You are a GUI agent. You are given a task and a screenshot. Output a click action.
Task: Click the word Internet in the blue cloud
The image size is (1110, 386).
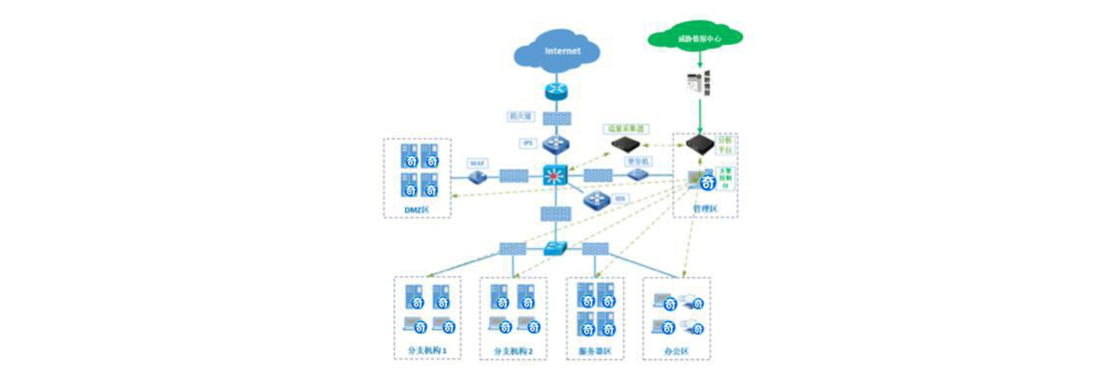pos(562,51)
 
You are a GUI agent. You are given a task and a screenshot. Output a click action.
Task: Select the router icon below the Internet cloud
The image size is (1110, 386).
pos(556,91)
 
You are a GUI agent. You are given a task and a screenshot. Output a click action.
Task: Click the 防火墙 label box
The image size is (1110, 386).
pos(521,116)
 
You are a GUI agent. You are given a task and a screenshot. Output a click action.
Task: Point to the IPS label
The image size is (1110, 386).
pos(528,143)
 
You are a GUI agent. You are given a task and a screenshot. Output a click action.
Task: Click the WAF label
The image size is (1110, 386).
pos(477,163)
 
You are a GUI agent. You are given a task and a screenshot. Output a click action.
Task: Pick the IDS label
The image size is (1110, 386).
pos(620,198)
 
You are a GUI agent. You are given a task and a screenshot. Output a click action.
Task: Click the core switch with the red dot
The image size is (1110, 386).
pos(555,175)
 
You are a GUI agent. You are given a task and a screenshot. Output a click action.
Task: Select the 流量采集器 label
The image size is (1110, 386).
pos(626,129)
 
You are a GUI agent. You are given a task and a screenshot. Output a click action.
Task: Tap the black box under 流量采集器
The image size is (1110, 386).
pos(626,144)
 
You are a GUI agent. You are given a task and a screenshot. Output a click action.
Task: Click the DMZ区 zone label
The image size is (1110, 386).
pos(416,210)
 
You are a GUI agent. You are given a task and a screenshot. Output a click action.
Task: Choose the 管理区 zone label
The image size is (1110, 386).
pos(705,209)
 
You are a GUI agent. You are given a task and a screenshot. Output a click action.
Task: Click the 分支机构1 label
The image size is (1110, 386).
pos(427,350)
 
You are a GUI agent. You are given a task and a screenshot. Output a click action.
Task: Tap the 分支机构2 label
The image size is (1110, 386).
pos(513,351)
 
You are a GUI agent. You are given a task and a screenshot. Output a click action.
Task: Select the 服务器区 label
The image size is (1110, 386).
pos(595,351)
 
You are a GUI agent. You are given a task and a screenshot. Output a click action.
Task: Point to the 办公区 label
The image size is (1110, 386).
pos(676,351)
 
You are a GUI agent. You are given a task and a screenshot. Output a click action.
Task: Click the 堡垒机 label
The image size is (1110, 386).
pos(638,161)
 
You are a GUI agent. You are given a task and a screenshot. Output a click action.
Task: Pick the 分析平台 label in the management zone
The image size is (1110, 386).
pos(725,145)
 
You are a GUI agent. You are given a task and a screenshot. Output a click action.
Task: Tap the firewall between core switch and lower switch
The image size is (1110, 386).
pos(556,214)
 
